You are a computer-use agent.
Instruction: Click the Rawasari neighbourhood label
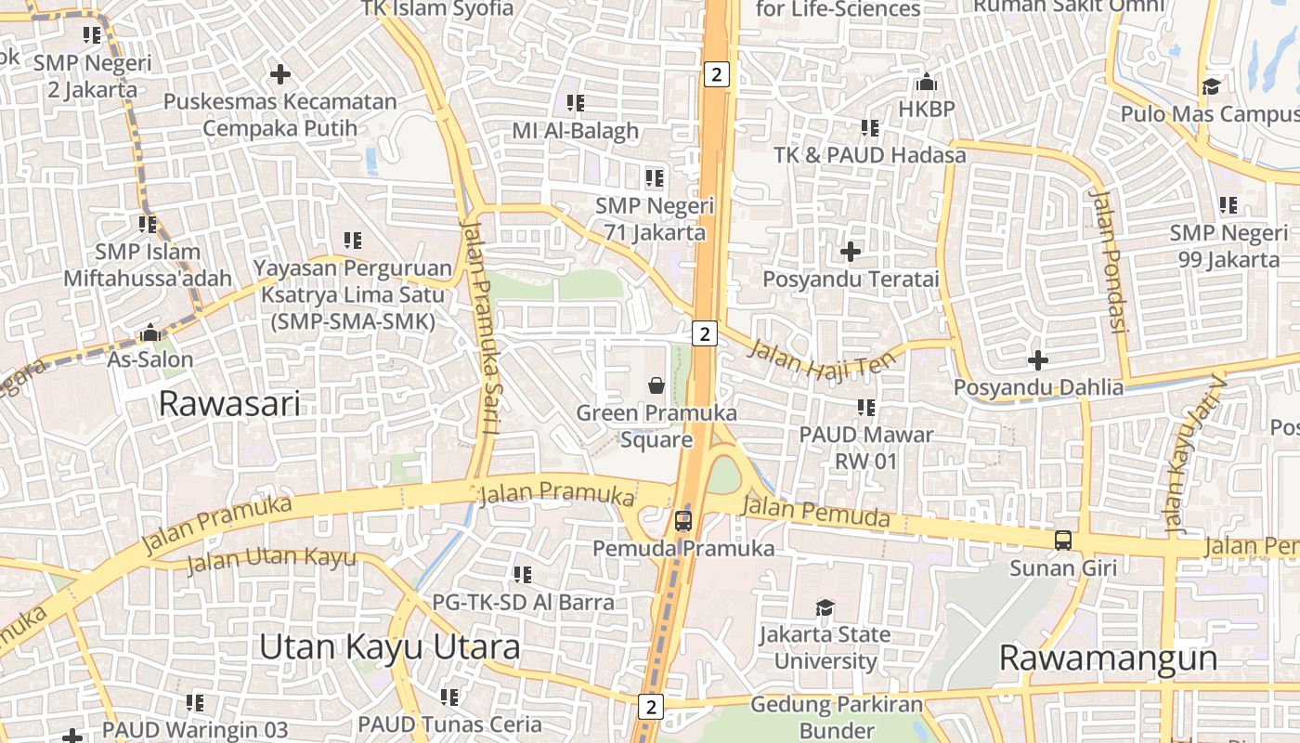(229, 404)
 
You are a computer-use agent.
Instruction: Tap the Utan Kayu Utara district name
(389, 647)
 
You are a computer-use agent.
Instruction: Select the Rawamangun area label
(1108, 658)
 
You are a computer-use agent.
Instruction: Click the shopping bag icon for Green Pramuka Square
(656, 385)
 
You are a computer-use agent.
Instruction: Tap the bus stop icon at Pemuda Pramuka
(683, 521)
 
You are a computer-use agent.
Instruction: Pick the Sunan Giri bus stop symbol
(1062, 540)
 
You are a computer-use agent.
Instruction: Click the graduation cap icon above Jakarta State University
(825, 608)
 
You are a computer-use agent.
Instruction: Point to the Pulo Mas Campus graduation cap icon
(1211, 87)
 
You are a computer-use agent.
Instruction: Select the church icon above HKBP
(926, 83)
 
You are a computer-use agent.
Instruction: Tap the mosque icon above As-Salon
(150, 332)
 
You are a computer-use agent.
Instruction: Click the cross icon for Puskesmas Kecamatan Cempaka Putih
(279, 74)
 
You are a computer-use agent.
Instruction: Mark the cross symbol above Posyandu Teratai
(851, 252)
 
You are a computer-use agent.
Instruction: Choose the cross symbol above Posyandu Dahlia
(1038, 360)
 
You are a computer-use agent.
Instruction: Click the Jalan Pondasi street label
(1109, 261)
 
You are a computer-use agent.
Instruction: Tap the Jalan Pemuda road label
(816, 513)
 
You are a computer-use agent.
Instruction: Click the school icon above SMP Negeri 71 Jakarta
(655, 177)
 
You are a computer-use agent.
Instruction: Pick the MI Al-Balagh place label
(576, 131)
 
